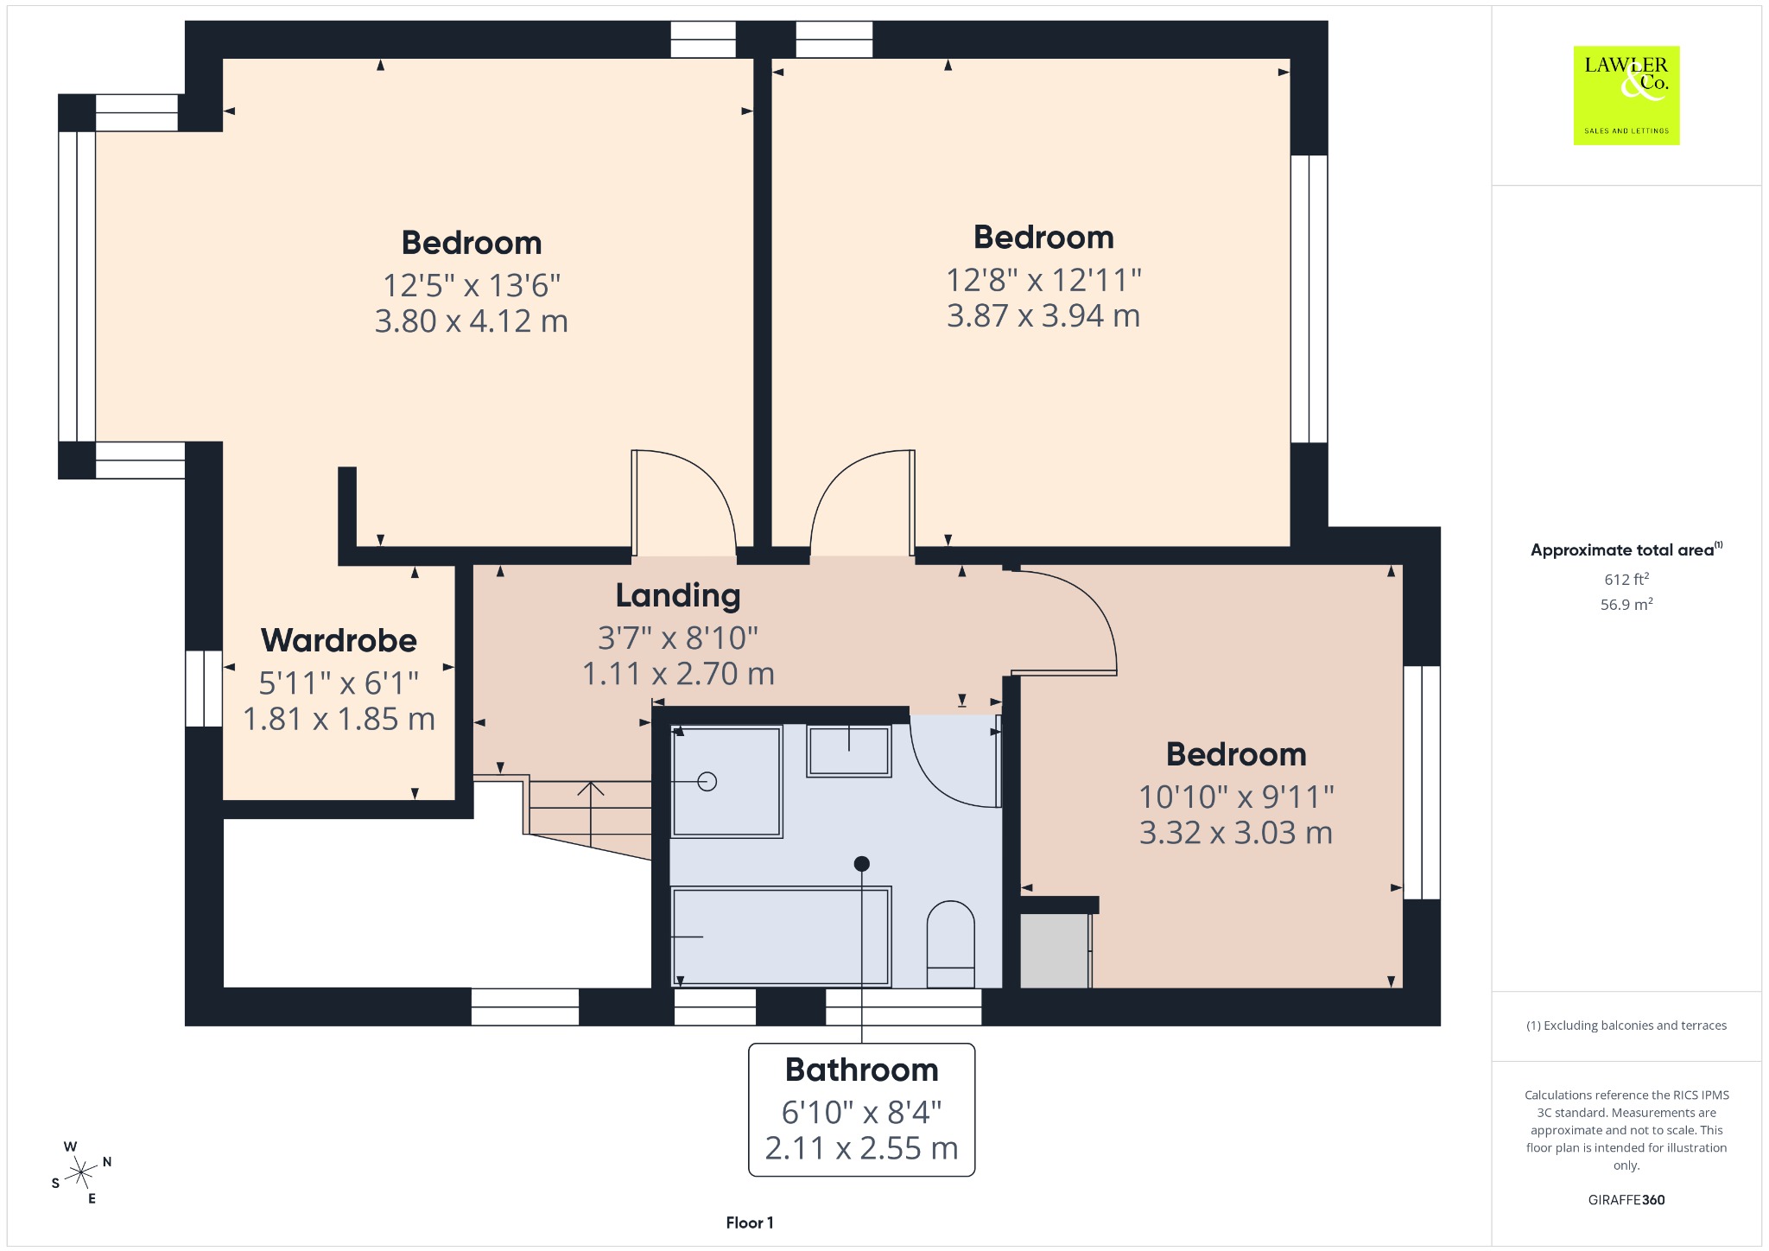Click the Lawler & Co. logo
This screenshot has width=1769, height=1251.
coord(1626,95)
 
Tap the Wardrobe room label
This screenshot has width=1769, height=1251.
coord(339,640)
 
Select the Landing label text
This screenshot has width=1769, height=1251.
coord(678,595)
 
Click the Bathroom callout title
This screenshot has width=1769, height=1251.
coord(861,1070)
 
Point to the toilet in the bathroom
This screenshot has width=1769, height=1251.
coord(950,944)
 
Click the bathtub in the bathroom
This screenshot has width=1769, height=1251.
coord(781,937)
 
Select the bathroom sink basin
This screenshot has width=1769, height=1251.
coord(849,751)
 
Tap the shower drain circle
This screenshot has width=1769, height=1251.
coord(707,782)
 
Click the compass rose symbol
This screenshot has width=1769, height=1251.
coord(81,1172)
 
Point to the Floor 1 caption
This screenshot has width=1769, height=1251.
coord(750,1222)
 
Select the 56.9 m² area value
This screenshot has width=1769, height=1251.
coord(1626,604)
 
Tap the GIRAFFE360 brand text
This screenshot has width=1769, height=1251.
coord(1626,1199)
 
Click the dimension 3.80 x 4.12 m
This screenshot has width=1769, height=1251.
coord(472,321)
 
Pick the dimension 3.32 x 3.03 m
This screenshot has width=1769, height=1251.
coord(1236,833)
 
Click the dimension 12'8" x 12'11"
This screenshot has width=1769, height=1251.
coord(1043,280)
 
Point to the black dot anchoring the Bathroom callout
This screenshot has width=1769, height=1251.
coord(861,863)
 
